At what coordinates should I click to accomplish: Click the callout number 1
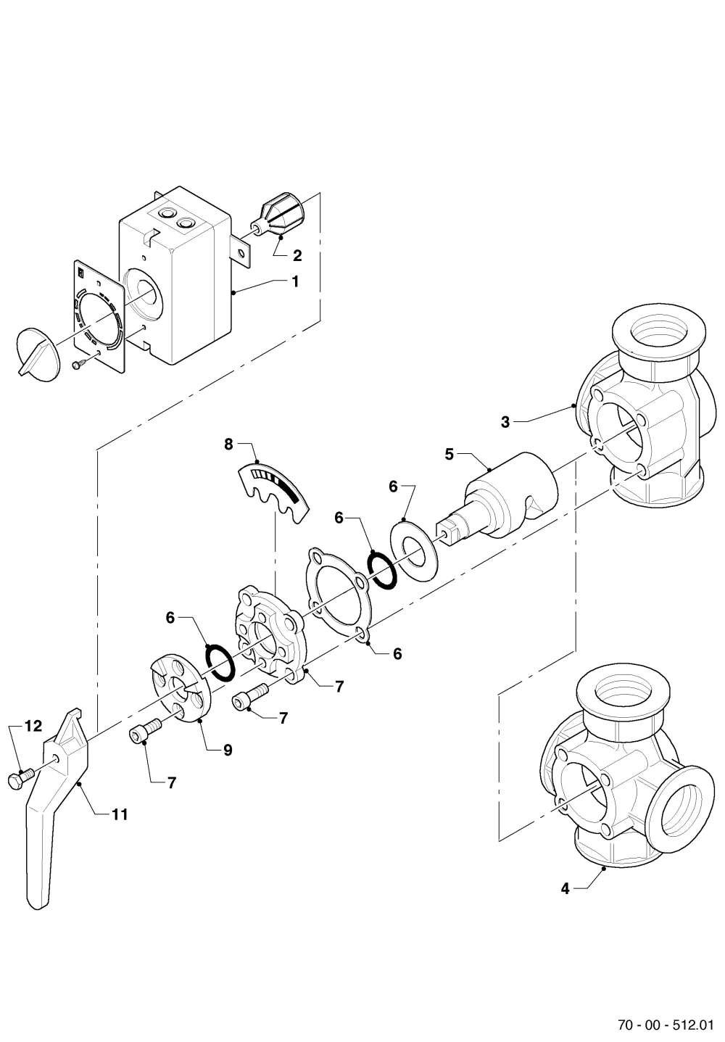click(x=295, y=281)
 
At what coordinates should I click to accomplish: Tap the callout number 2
click(x=297, y=255)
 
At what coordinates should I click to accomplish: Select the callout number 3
click(x=505, y=422)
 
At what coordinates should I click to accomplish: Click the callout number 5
click(x=449, y=455)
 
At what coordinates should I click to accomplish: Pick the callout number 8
click(x=228, y=444)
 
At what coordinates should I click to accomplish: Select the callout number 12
click(x=33, y=726)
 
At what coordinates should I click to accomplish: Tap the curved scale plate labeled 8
click(x=273, y=494)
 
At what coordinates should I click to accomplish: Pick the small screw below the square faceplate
click(x=79, y=363)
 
